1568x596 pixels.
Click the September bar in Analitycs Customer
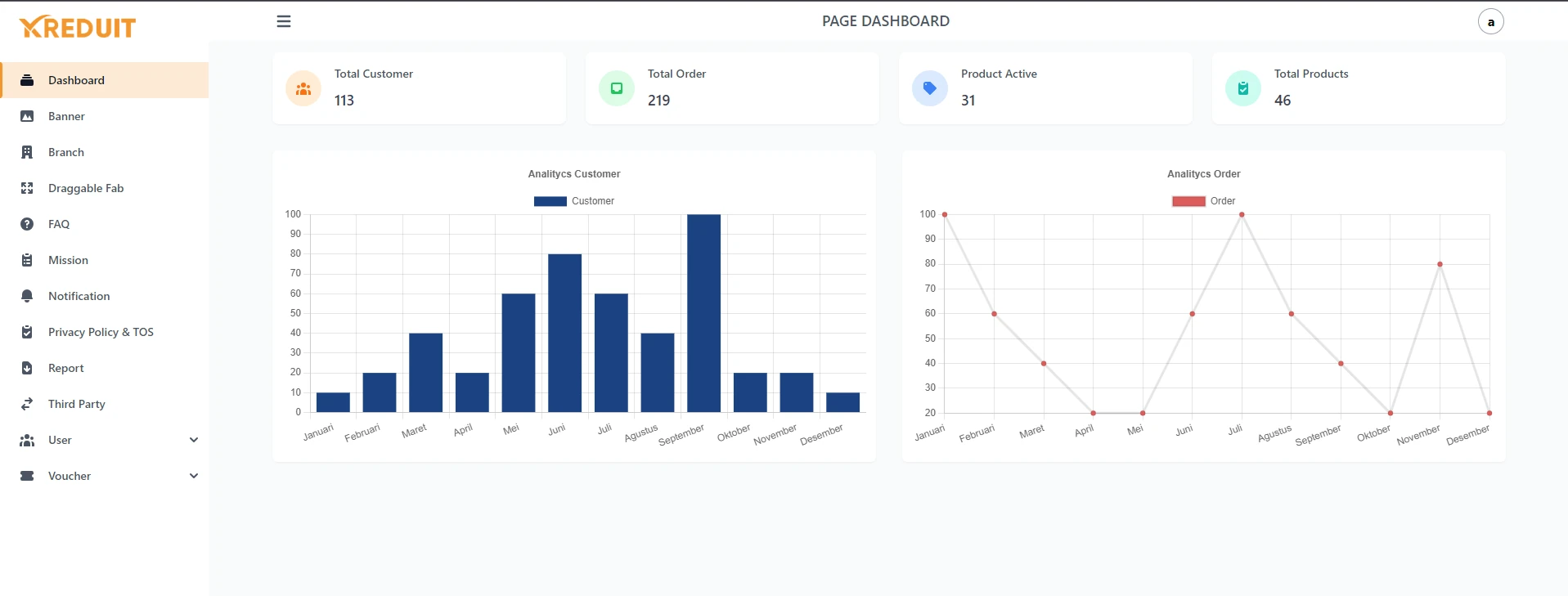pyautogui.click(x=703, y=313)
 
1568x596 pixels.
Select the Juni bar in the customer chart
pyautogui.click(x=564, y=333)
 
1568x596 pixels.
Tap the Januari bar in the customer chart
pyautogui.click(x=333, y=402)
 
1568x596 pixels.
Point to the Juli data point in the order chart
pyautogui.click(x=1242, y=215)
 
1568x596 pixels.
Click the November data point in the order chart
pyautogui.click(x=1440, y=264)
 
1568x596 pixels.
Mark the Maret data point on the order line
pyautogui.click(x=1044, y=364)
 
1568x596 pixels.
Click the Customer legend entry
pyautogui.click(x=574, y=201)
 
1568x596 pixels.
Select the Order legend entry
pyautogui.click(x=1204, y=201)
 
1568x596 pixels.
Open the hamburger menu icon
pyautogui.click(x=284, y=21)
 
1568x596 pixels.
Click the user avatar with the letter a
pyautogui.click(x=1490, y=22)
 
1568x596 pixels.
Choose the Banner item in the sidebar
pyautogui.click(x=66, y=116)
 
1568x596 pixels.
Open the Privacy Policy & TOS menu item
pyautogui.click(x=101, y=332)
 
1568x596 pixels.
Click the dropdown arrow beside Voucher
pyautogui.click(x=194, y=476)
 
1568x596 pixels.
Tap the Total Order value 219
pyautogui.click(x=658, y=101)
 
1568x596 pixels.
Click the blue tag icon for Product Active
pyautogui.click(x=929, y=88)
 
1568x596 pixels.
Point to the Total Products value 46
pyautogui.click(x=1282, y=101)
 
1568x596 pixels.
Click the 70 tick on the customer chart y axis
pyautogui.click(x=295, y=273)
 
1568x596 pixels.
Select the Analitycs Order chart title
pyautogui.click(x=1203, y=174)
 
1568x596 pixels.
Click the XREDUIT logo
pyautogui.click(x=78, y=28)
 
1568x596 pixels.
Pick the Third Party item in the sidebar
pyautogui.click(x=76, y=404)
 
